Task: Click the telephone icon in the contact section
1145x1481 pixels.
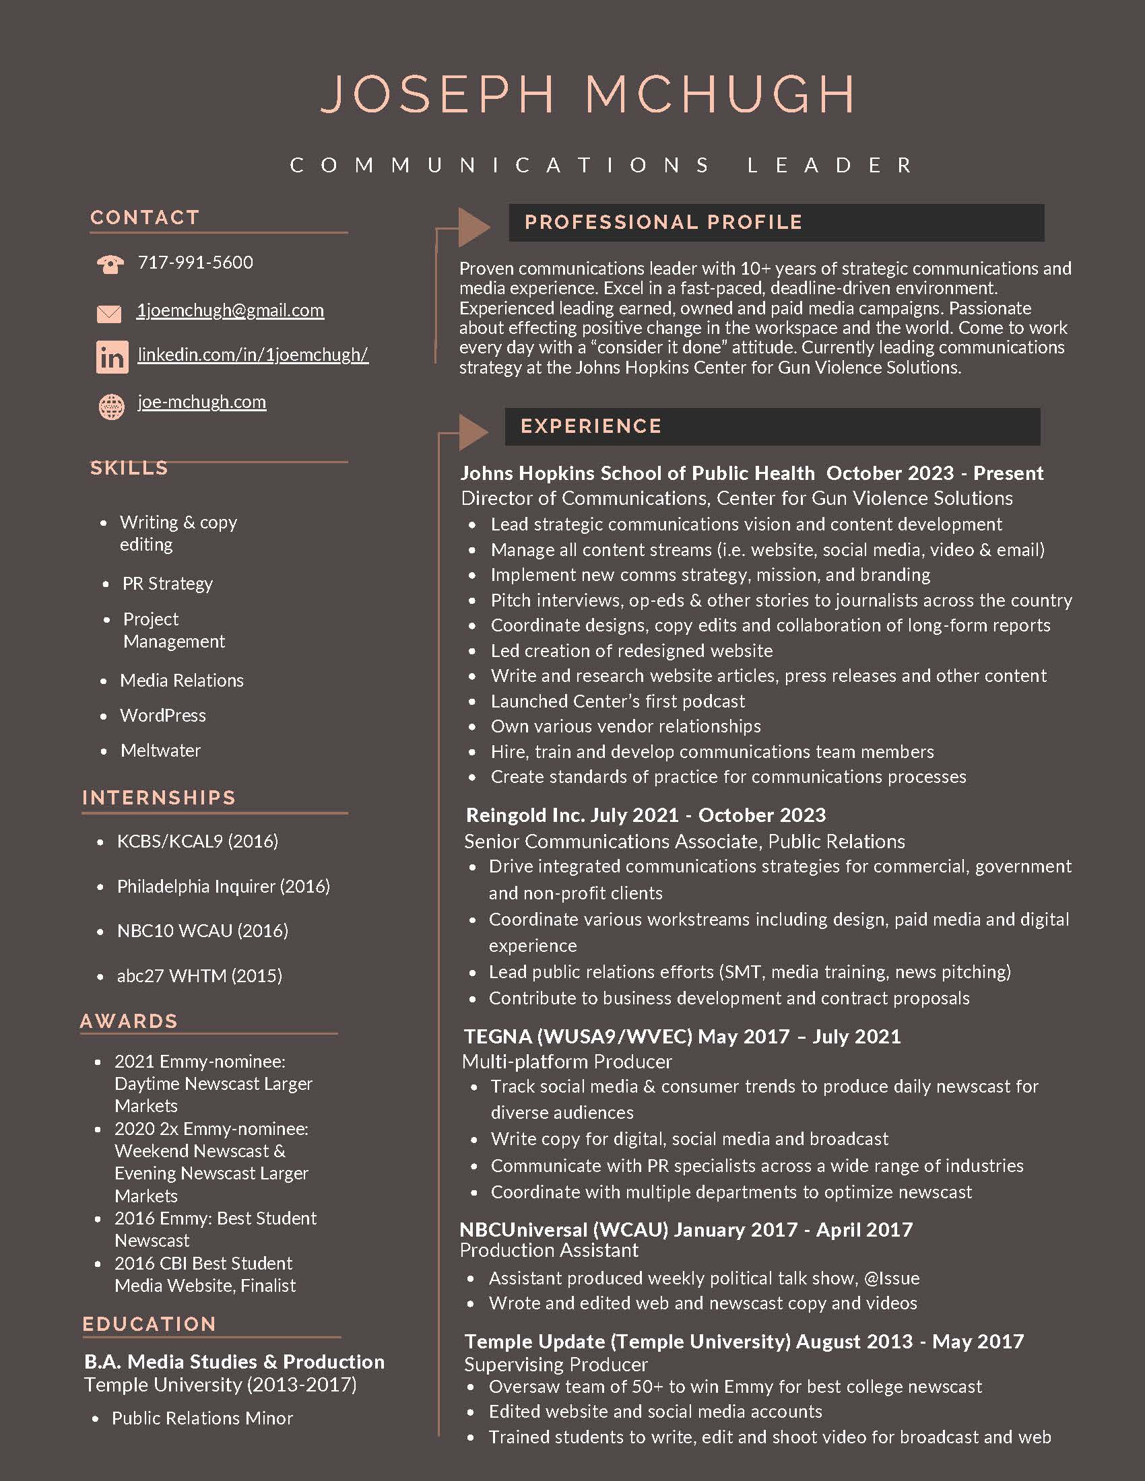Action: click(x=110, y=264)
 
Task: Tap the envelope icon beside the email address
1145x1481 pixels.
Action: click(x=109, y=313)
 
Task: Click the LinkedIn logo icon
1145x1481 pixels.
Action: click(x=112, y=357)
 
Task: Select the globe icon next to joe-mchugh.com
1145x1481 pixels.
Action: click(x=112, y=407)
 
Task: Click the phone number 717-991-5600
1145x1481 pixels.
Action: click(x=195, y=263)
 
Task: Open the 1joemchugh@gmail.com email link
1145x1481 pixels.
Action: click(x=230, y=310)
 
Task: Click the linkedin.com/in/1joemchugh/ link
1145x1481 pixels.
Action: click(x=253, y=355)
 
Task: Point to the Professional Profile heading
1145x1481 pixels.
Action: click(x=663, y=222)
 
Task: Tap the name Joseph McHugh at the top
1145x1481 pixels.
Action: click(x=587, y=94)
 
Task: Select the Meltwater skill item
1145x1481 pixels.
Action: click(x=161, y=751)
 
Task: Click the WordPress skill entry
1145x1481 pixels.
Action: click(x=163, y=716)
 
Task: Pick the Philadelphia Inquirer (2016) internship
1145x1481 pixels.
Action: click(x=223, y=887)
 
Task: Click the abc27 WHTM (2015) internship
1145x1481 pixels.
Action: click(x=199, y=976)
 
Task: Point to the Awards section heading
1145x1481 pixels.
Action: click(x=129, y=1021)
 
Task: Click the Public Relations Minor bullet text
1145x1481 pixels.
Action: click(x=202, y=1418)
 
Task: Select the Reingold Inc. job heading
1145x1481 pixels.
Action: click(x=645, y=815)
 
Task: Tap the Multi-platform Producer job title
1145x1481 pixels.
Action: click(x=567, y=1061)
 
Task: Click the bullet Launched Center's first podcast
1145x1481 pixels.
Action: click(x=617, y=701)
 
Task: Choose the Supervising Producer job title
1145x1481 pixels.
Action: click(x=556, y=1365)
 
